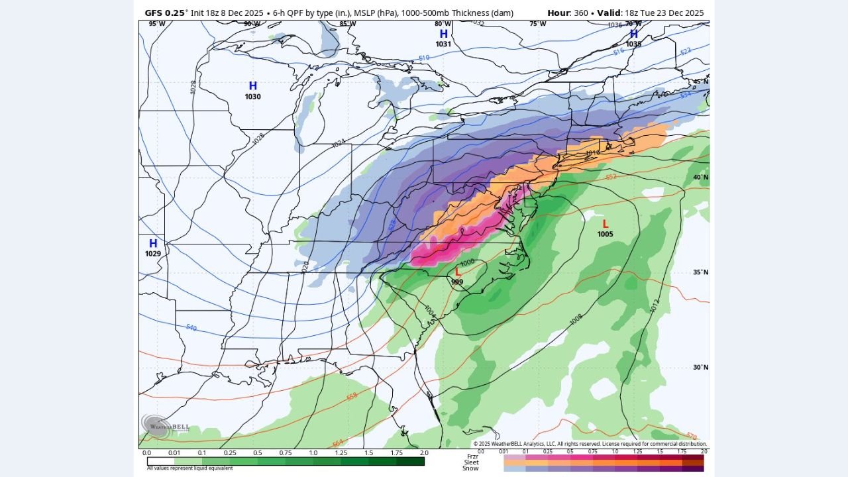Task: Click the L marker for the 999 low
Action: tap(457, 271)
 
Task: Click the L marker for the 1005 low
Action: tap(605, 224)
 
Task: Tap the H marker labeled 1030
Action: tap(252, 86)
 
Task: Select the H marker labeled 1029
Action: tap(153, 243)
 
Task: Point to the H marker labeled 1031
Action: tap(443, 34)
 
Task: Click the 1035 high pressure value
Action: tap(633, 44)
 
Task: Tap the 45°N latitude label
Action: tap(700, 81)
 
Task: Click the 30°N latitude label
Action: tap(700, 368)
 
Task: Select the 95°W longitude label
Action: tap(157, 24)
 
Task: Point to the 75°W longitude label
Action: tap(538, 24)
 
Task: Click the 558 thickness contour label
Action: tap(351, 396)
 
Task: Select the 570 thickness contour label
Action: tap(691, 437)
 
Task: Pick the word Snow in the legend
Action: tap(470, 468)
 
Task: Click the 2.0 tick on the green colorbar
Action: tap(424, 453)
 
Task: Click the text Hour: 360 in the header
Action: tap(569, 13)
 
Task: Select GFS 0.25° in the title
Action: tap(166, 13)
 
